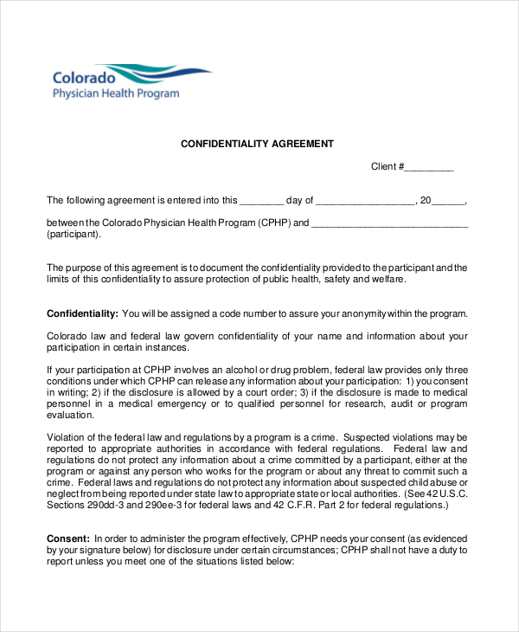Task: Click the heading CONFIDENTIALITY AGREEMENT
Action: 256,144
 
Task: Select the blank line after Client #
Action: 429,167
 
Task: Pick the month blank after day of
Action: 366,200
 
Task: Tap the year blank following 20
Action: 448,200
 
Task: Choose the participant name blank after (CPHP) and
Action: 389,222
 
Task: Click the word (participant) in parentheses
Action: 74,234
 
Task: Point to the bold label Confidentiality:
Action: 82,313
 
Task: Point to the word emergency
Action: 197,403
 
